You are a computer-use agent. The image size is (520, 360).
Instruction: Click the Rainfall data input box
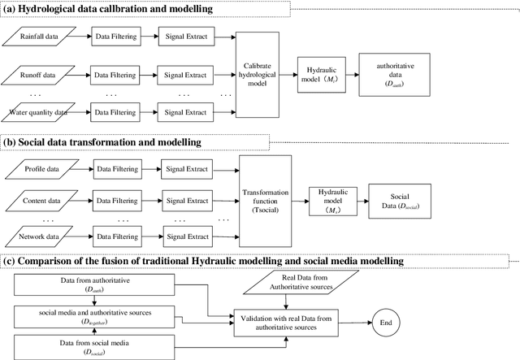42,36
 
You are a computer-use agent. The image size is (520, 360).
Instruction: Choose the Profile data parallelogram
42,169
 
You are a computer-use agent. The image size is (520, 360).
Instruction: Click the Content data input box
42,201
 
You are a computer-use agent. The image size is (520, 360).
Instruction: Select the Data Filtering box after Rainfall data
114,36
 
